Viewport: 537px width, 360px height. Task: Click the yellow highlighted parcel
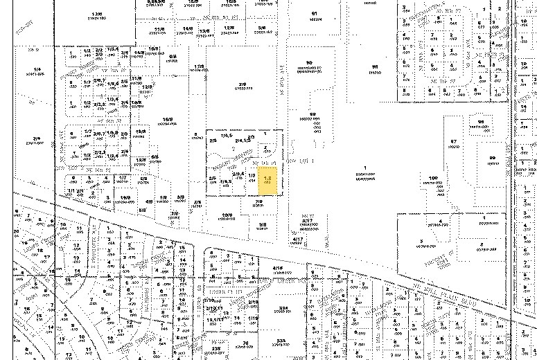268,181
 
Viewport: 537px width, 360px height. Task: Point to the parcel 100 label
433,178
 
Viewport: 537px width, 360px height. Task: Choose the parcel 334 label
282,307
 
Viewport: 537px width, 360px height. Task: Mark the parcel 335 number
281,341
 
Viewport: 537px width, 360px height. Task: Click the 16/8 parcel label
167,119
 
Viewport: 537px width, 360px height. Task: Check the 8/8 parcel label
173,56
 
